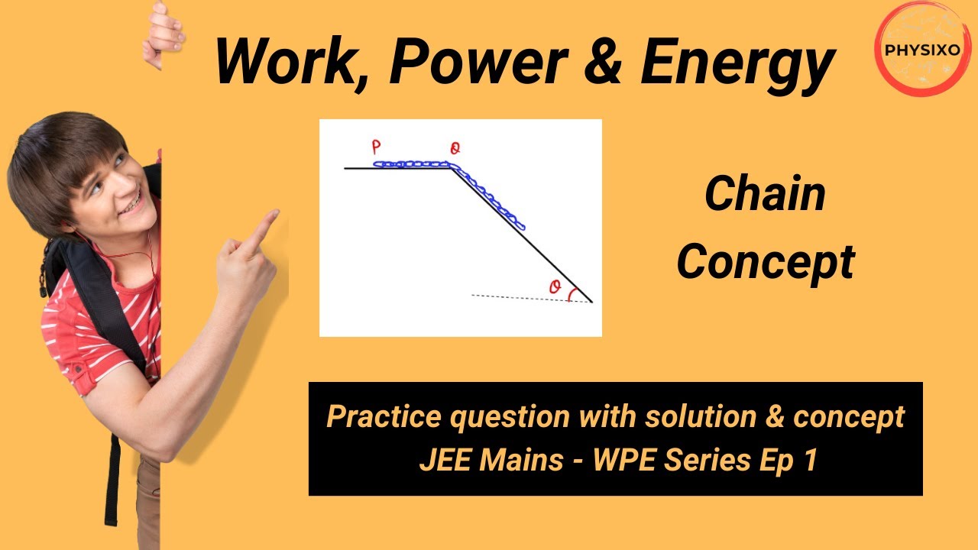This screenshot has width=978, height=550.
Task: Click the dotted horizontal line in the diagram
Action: click(520, 297)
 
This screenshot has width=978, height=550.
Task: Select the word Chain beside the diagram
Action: click(765, 194)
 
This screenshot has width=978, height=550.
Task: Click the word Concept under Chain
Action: click(765, 263)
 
